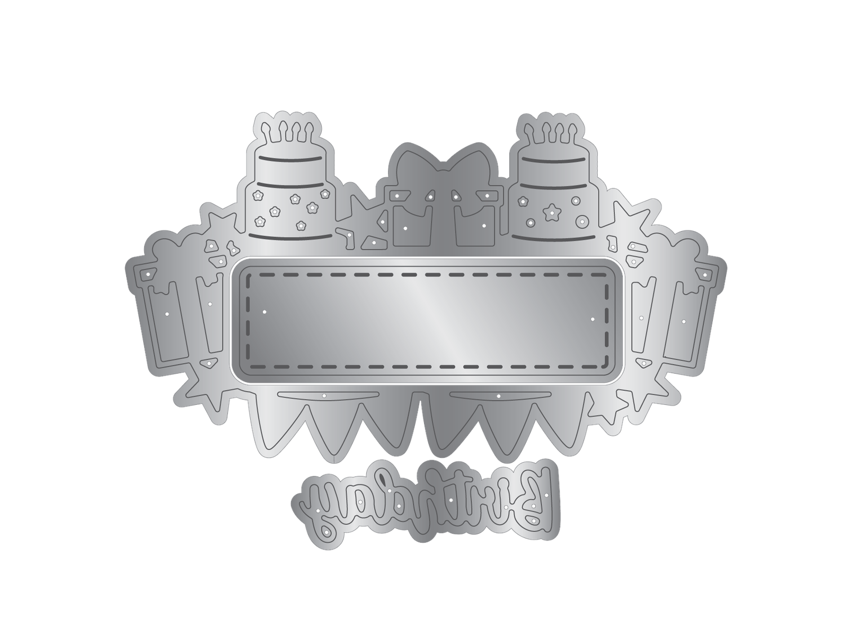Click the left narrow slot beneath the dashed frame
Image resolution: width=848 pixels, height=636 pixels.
pyautogui.click(x=328, y=395)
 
